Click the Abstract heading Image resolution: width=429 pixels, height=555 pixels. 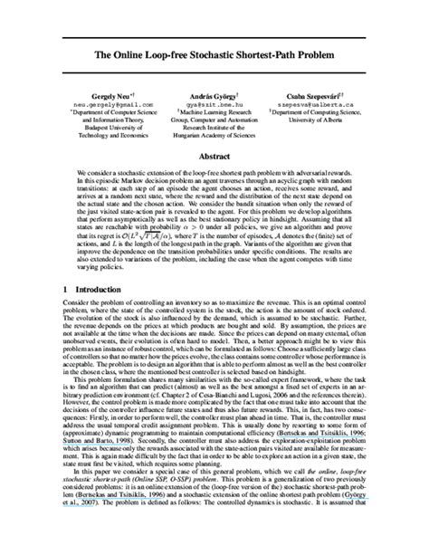(x=214, y=156)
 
